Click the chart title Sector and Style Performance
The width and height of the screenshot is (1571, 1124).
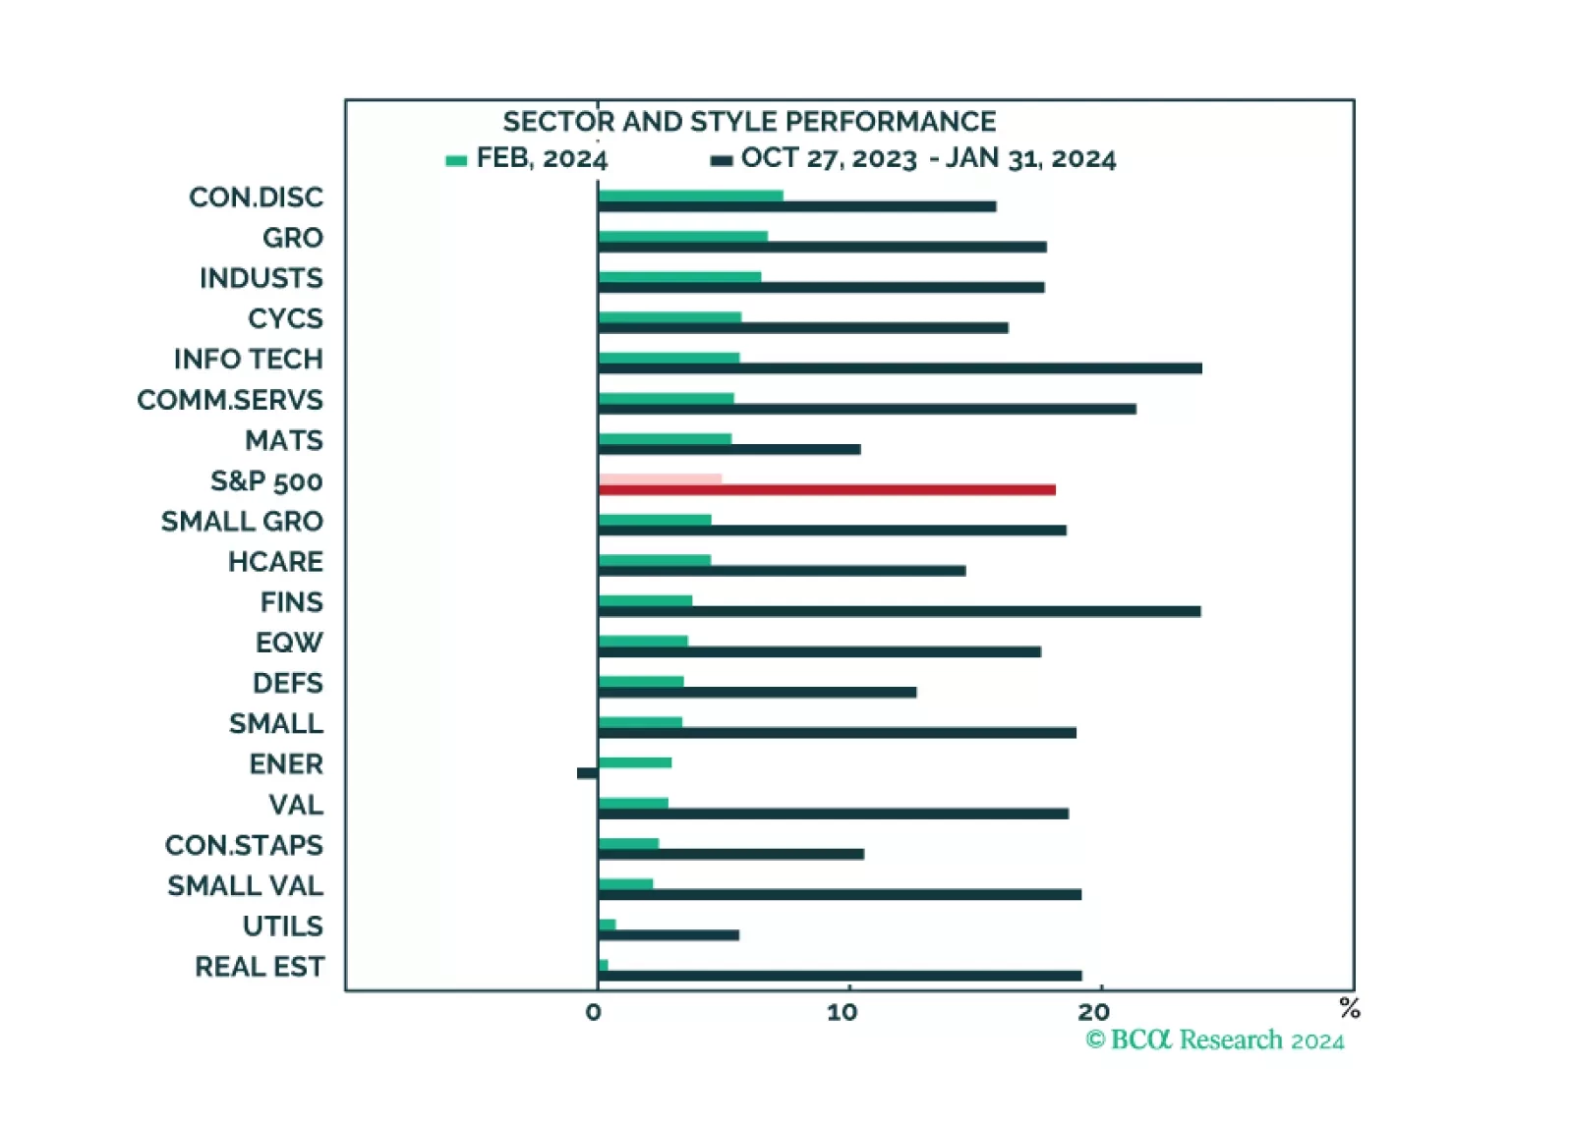pyautogui.click(x=749, y=121)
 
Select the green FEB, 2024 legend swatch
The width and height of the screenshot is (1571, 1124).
pyautogui.click(x=456, y=160)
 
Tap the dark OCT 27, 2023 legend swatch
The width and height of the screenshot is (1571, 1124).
pyautogui.click(x=722, y=160)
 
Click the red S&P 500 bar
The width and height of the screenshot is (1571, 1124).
pyautogui.click(x=826, y=489)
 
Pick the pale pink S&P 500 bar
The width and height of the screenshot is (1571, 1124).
pyautogui.click(x=660, y=478)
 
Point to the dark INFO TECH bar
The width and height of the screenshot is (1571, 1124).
pyautogui.click(x=900, y=368)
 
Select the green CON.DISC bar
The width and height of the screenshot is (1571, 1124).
pyautogui.click(x=690, y=196)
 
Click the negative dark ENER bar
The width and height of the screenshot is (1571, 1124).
pyautogui.click(x=587, y=773)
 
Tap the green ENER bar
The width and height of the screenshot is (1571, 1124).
pyautogui.click(x=634, y=762)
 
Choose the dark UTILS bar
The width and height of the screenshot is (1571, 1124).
pyautogui.click(x=669, y=935)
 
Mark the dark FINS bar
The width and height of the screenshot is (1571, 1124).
pyautogui.click(x=899, y=611)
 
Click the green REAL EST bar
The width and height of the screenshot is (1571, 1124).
pyautogui.click(x=603, y=965)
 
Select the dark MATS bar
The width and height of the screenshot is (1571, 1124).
pyautogui.click(x=728, y=449)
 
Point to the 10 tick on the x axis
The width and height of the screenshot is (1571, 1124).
pyautogui.click(x=843, y=1013)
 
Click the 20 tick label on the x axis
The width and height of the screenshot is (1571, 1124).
pyautogui.click(x=1093, y=1013)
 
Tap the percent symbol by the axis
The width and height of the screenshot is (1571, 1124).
pyautogui.click(x=1349, y=1007)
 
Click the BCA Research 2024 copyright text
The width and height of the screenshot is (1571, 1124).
pyautogui.click(x=1214, y=1040)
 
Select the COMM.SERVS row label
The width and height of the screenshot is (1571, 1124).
pyautogui.click(x=230, y=400)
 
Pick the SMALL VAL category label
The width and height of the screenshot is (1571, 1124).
pyautogui.click(x=245, y=886)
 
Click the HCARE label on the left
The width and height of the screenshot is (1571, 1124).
pyautogui.click(x=275, y=562)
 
